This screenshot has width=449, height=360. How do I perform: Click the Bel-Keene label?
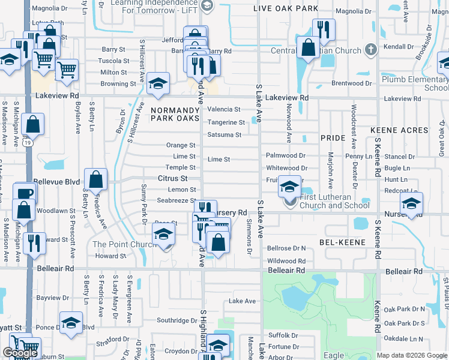(339, 241)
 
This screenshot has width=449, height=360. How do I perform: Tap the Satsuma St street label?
(224, 135)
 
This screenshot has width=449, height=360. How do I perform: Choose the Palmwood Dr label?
(286, 155)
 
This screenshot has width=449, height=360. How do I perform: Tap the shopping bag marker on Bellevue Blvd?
(95, 178)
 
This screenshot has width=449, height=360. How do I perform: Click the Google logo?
(20, 353)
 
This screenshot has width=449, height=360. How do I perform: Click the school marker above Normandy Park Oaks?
(158, 83)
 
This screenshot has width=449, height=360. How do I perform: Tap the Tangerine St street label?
(226, 122)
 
